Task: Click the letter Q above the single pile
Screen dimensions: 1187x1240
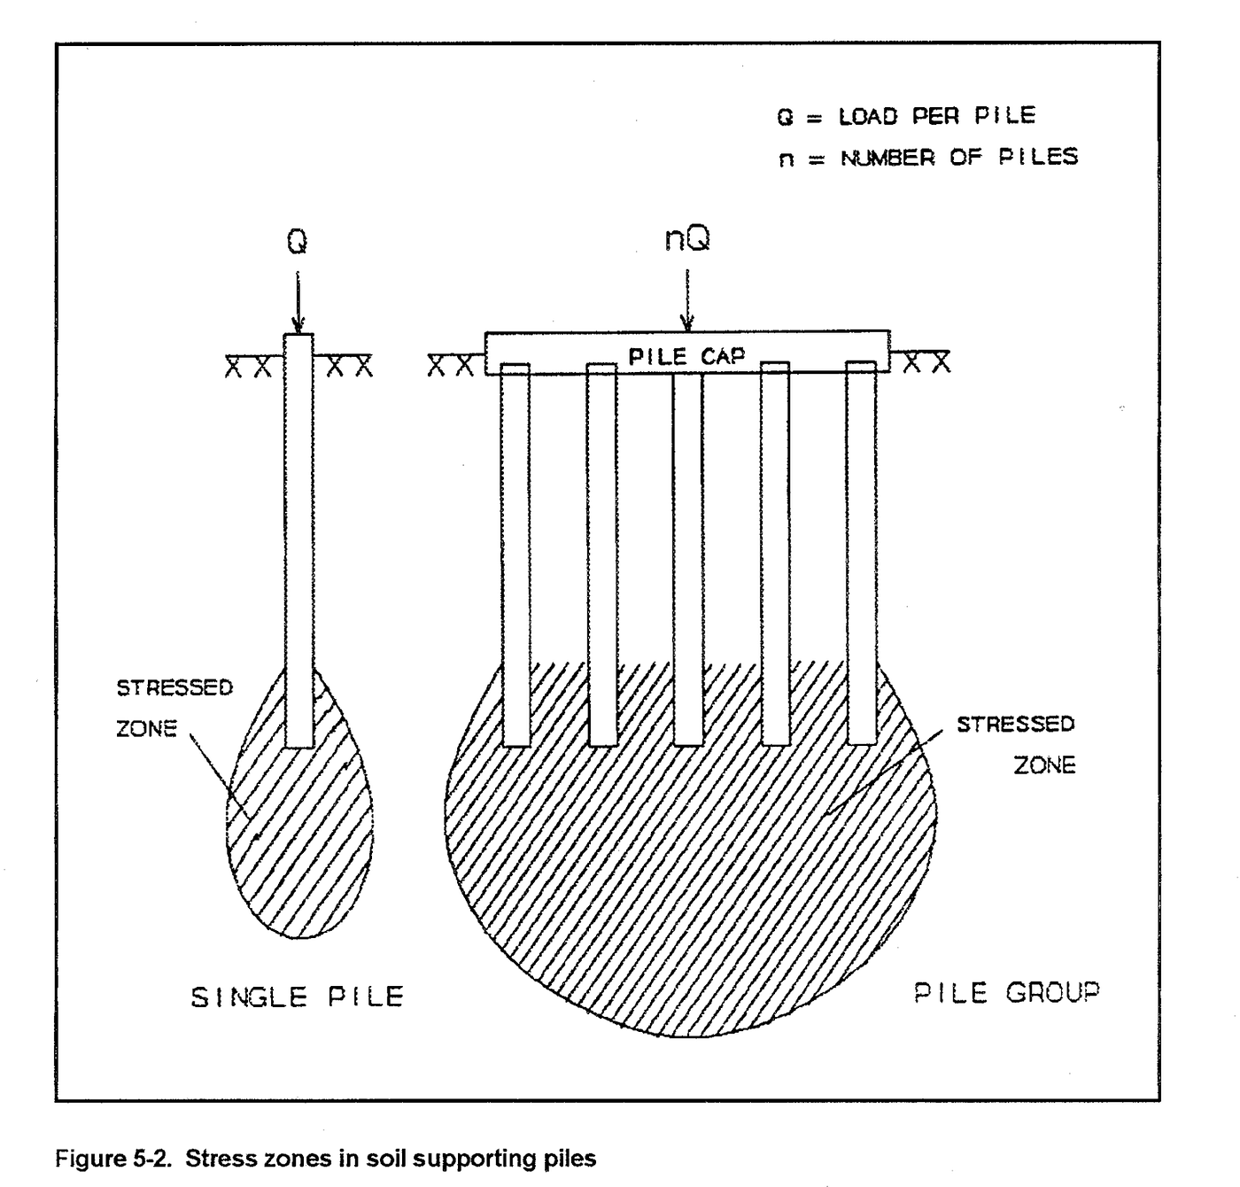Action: click(298, 242)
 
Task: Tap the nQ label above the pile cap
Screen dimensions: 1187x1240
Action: click(687, 238)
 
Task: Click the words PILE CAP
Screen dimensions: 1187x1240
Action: click(686, 356)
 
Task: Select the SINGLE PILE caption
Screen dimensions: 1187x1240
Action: click(298, 997)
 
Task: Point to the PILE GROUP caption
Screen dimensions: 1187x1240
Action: click(1006, 992)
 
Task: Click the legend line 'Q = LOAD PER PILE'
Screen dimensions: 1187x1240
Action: click(906, 116)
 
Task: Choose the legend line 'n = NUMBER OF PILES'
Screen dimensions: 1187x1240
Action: click(928, 158)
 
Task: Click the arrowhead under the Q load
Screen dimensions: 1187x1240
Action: click(298, 324)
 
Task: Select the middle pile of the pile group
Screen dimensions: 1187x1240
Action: click(688, 558)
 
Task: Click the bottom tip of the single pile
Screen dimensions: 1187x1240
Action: click(299, 744)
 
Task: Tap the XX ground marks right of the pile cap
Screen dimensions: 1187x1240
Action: click(926, 362)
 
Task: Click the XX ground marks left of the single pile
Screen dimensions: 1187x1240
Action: click(248, 367)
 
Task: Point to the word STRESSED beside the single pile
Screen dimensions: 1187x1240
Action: click(174, 687)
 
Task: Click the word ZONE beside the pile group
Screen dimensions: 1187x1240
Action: click(1045, 765)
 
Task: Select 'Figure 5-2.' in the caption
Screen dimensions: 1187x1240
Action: click(112, 1159)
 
